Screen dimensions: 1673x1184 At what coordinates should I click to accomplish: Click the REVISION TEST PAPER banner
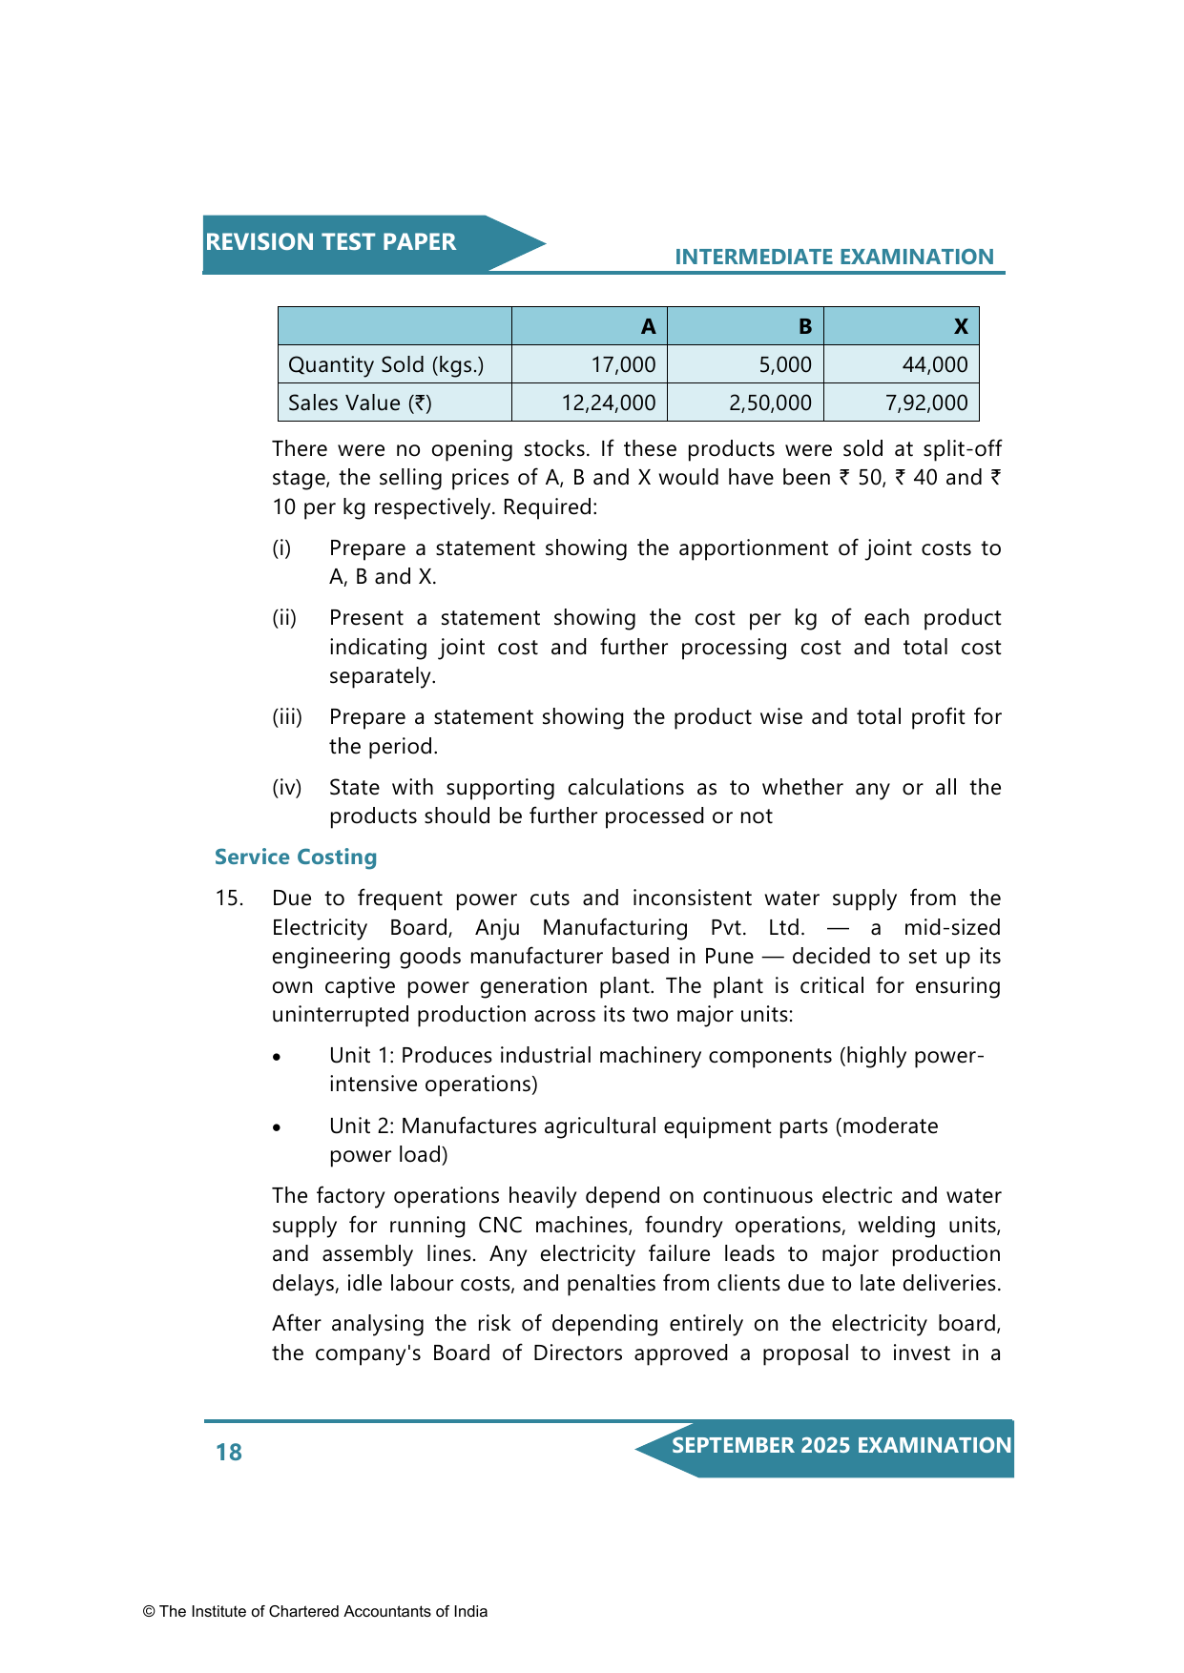click(x=331, y=242)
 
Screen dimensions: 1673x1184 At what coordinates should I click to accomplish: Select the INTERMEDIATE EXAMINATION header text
click(x=834, y=257)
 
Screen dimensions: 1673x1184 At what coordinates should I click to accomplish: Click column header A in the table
click(x=648, y=327)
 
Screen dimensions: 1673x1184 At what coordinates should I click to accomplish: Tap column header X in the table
click(x=960, y=327)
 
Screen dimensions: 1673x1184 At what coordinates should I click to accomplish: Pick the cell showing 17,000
click(x=623, y=364)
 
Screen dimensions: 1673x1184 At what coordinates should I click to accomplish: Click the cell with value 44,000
click(x=934, y=364)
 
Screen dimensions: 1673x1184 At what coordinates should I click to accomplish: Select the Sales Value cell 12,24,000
click(x=608, y=403)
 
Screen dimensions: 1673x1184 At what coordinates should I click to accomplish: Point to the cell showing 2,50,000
click(x=770, y=403)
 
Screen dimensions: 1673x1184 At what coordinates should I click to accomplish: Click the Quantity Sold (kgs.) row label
click(x=385, y=364)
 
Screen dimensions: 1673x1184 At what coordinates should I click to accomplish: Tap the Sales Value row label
click(x=360, y=403)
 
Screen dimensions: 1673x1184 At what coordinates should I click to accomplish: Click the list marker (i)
click(x=281, y=548)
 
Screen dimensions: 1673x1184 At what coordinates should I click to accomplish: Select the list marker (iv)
click(x=286, y=788)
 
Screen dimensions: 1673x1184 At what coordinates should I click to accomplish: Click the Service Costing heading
click(x=296, y=857)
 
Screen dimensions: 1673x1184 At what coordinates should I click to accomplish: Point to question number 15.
click(x=229, y=898)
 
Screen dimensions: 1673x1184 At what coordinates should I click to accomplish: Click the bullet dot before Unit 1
click(x=277, y=1057)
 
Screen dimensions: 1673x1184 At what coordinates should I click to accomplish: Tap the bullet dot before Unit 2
click(x=277, y=1127)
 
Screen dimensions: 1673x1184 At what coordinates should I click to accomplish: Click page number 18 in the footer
click(x=229, y=1452)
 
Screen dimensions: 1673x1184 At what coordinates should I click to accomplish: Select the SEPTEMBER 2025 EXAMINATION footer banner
click(x=841, y=1446)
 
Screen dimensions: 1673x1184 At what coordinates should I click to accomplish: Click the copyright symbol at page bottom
click(x=149, y=1612)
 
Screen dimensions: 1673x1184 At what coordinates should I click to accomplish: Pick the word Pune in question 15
click(x=729, y=957)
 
